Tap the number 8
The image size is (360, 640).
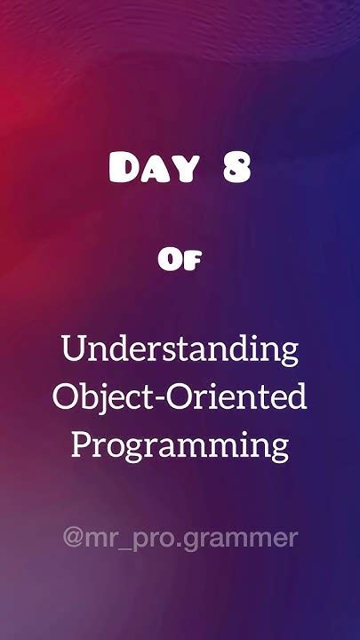click(x=236, y=169)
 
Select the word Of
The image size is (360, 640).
click(x=180, y=260)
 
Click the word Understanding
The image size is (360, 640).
click(x=180, y=349)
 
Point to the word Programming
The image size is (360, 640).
click(x=180, y=444)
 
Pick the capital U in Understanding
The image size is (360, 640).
click(x=73, y=348)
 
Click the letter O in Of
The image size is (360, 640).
click(x=170, y=260)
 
